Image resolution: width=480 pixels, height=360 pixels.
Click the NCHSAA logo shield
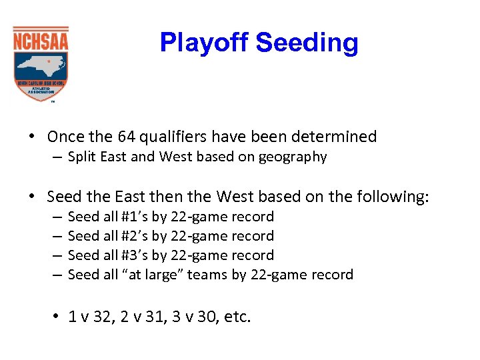pos(41,64)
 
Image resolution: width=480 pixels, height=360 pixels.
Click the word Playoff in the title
pos(205,43)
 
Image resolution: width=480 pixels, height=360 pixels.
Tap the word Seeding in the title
pos(307,43)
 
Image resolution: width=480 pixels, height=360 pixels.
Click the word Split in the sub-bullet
pos(81,157)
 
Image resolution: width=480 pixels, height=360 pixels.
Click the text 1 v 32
pos(89,317)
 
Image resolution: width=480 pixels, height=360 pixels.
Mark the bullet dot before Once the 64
pos(32,137)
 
